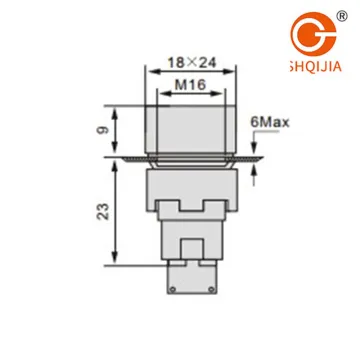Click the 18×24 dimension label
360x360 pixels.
[x=192, y=62]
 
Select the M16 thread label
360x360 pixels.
[x=191, y=85]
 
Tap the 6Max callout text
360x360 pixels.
[x=270, y=122]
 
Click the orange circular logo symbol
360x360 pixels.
[x=313, y=34]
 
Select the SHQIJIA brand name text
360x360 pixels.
[x=316, y=67]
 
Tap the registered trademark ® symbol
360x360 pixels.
[x=342, y=16]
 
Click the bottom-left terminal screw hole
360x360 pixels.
[x=172, y=289]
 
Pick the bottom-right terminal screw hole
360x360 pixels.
[x=211, y=289]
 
